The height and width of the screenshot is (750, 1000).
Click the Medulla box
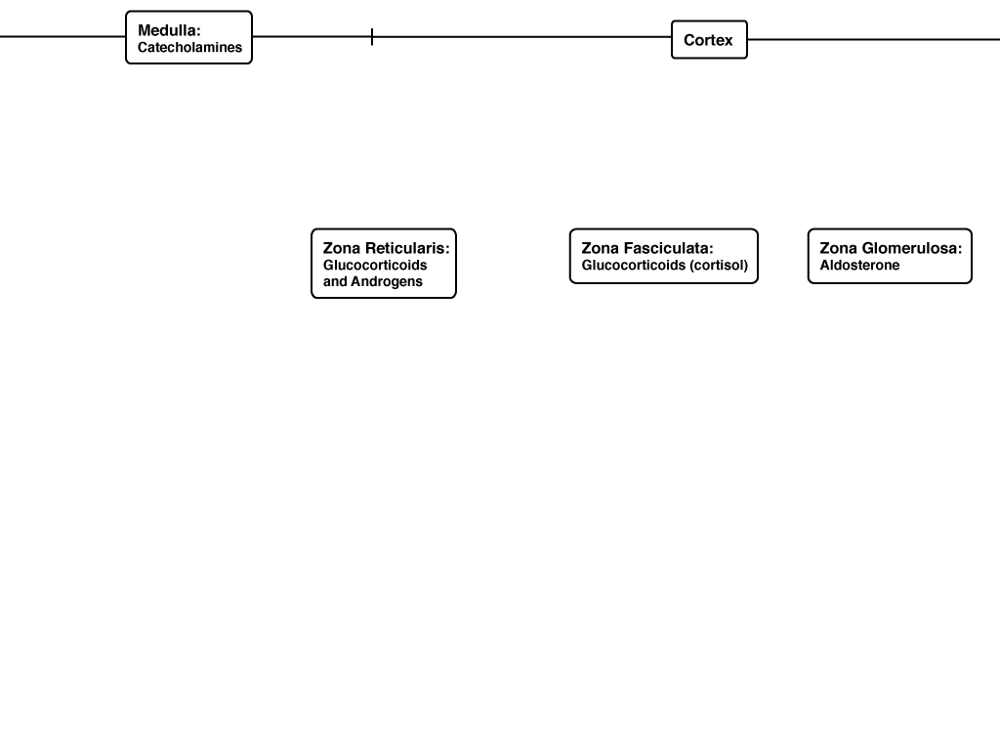188,37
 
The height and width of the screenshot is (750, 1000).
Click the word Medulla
169,30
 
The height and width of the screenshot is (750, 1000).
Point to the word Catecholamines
190,47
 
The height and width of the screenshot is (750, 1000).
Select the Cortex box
709,39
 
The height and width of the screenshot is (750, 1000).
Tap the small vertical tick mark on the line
372,37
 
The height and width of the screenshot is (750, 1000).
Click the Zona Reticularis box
384,264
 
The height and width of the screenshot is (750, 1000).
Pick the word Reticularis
407,248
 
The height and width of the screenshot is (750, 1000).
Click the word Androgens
387,282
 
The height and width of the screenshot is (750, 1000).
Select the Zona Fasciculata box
664,256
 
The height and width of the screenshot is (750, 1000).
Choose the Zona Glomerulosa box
890,256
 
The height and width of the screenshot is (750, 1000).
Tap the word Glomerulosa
912,248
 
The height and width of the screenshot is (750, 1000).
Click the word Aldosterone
859,266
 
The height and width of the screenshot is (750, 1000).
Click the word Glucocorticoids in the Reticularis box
375,266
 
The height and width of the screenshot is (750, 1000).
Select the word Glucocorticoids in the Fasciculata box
633,266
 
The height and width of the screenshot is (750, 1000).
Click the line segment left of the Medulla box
62,37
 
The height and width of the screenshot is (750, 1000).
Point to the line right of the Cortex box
874,39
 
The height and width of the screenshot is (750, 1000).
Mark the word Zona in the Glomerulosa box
839,248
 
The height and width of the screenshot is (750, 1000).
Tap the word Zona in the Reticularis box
342,248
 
